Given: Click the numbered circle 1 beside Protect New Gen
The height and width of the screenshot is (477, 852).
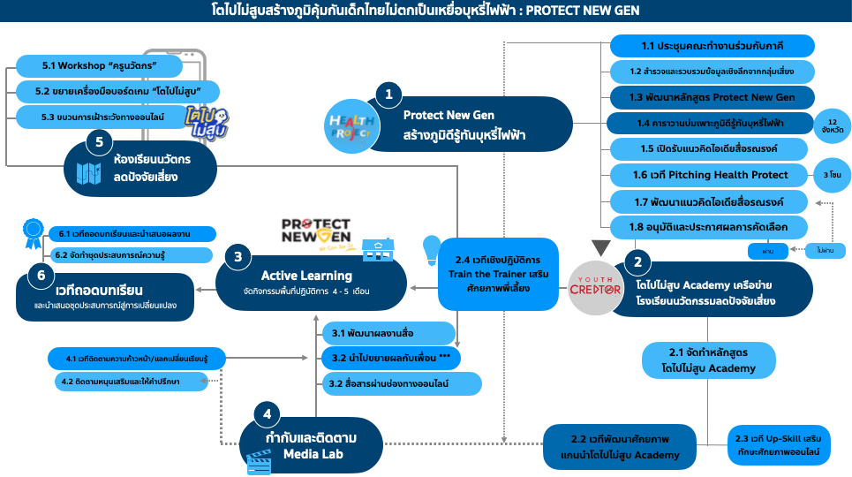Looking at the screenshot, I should click(388, 95).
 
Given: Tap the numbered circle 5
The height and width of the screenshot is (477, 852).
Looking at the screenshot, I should click(100, 143).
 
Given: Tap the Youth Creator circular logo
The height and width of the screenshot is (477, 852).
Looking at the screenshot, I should click(595, 288).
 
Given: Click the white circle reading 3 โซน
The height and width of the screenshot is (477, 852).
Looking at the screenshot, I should click(832, 175).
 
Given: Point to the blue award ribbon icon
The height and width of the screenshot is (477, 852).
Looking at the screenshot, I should click(32, 234).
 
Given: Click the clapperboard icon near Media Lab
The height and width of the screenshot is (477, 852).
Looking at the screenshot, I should click(259, 460).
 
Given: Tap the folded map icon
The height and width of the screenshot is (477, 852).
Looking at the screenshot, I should click(88, 174).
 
